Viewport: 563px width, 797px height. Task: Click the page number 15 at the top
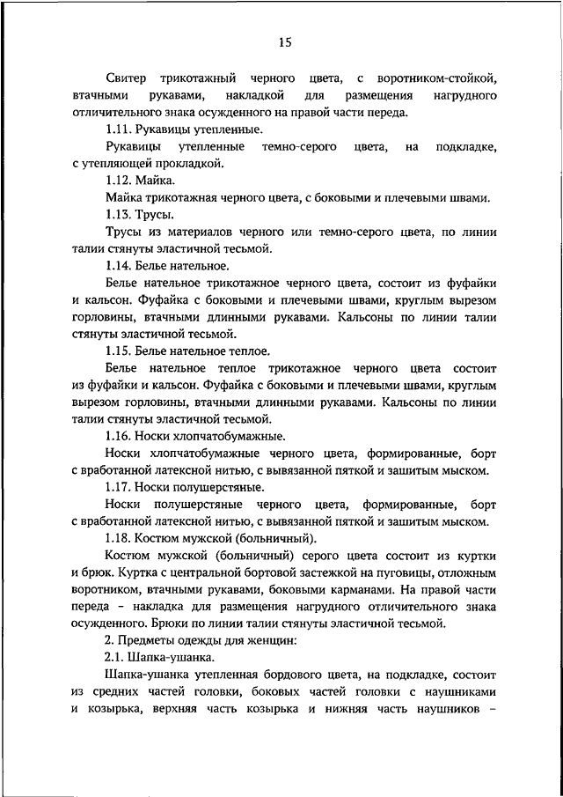point(284,41)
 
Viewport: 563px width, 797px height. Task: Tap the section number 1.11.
point(117,129)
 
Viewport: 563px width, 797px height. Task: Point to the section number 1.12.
point(117,180)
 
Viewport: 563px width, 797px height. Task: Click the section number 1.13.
point(117,214)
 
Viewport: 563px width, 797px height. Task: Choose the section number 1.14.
point(117,265)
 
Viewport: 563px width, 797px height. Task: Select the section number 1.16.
point(117,436)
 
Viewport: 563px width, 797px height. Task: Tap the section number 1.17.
point(117,487)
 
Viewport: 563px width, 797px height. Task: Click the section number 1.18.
point(117,538)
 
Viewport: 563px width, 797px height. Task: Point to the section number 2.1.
point(113,657)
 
